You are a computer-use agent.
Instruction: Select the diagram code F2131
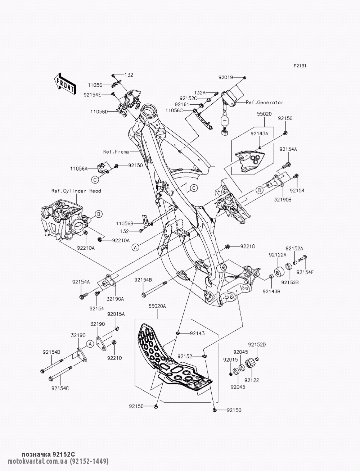tap(300, 66)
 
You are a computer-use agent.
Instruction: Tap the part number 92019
tap(226, 77)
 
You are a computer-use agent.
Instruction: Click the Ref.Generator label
tap(265, 102)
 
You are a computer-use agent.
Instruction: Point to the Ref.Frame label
tap(116, 152)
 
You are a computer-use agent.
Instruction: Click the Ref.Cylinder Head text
tap(76, 191)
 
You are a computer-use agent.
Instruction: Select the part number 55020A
tap(157, 306)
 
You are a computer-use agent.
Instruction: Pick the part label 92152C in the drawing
tap(188, 99)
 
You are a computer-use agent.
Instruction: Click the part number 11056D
tap(99, 112)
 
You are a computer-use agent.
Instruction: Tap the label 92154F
tap(305, 272)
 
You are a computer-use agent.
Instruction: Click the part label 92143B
tap(271, 291)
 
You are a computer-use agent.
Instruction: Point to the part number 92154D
tap(51, 352)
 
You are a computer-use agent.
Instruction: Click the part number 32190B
tap(283, 200)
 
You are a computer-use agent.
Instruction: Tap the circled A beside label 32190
tap(90, 344)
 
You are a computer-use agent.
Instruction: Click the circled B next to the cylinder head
tap(99, 214)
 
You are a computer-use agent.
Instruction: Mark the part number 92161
tap(182, 104)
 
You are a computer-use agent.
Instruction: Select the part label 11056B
tap(125, 223)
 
